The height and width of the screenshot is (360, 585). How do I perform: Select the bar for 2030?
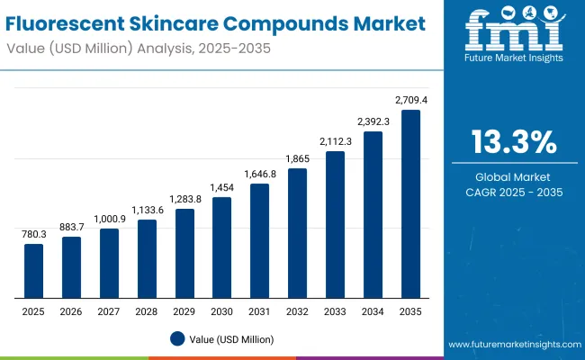click(x=221, y=247)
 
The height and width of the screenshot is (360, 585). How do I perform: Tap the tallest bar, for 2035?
click(x=410, y=204)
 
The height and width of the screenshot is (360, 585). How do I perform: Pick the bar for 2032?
click(x=297, y=233)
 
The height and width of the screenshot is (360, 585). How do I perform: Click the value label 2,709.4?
click(x=410, y=100)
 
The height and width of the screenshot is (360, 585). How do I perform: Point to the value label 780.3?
click(x=33, y=233)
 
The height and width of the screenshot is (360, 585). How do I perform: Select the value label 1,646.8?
click(x=259, y=173)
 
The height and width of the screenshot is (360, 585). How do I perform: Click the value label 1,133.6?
click(x=147, y=209)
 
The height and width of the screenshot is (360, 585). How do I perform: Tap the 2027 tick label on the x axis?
click(x=109, y=310)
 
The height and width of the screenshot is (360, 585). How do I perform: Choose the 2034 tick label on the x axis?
click(x=373, y=310)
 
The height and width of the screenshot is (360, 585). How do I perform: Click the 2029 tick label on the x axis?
click(x=184, y=310)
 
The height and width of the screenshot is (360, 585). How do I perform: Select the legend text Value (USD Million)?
click(x=232, y=339)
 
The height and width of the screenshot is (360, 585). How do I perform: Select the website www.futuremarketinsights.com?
click(x=510, y=345)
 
